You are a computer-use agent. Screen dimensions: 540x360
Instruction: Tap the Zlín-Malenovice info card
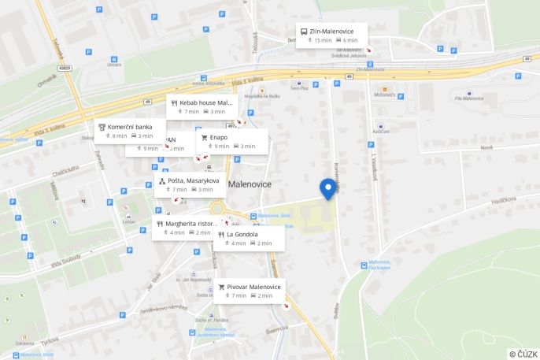point(332,35)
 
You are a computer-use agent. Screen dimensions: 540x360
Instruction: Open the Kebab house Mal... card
point(202,107)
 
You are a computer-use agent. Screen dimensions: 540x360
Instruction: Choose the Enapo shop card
point(234,141)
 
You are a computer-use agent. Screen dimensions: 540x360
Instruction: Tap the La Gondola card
point(250,238)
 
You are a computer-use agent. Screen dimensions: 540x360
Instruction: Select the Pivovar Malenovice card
point(249,291)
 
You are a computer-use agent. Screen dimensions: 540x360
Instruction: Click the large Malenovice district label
point(260,184)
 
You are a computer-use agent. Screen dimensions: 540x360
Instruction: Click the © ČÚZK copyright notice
point(523,354)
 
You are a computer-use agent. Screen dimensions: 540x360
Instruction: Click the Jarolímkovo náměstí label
point(168,307)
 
